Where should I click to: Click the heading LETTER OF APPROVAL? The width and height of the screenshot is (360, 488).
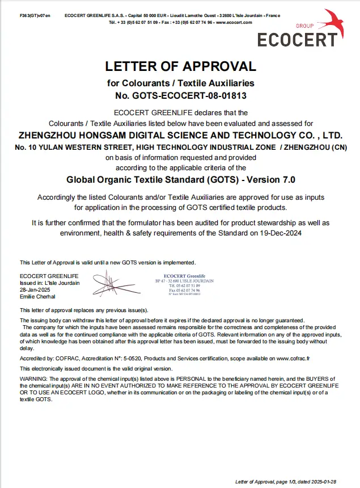[x=181, y=67]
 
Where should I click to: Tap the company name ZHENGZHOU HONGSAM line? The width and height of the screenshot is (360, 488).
[x=181, y=136]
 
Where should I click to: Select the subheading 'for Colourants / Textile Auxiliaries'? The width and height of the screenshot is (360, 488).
[x=181, y=83]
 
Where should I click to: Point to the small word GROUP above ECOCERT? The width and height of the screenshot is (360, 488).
[x=304, y=27]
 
